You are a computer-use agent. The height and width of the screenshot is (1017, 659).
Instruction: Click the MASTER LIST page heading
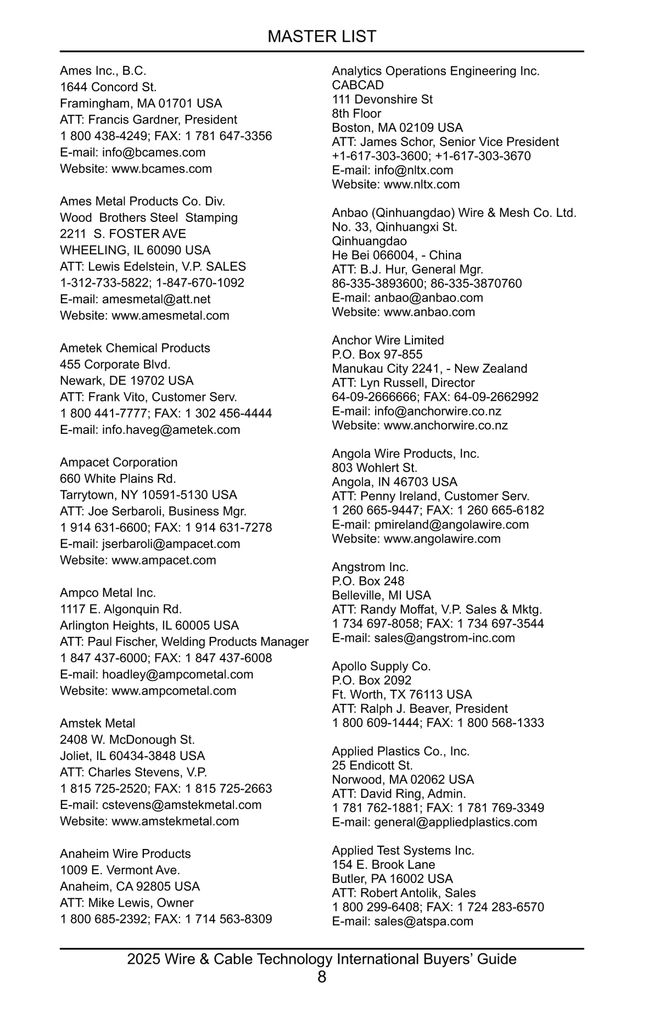tap(322, 36)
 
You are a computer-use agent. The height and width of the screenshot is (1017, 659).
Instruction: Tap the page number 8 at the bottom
tap(322, 977)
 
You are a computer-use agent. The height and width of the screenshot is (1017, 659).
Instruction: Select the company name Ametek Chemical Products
tap(135, 348)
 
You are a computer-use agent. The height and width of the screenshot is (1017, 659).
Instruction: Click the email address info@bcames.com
tap(154, 153)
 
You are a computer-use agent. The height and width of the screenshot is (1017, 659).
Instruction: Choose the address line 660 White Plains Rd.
tap(118, 479)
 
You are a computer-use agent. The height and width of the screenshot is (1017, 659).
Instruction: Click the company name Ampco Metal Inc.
tap(108, 593)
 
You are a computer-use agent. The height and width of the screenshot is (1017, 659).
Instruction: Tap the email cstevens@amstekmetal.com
tap(182, 805)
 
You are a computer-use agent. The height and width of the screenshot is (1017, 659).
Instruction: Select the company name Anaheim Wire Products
tap(125, 854)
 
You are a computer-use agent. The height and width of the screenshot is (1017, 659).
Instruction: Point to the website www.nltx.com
tap(422, 185)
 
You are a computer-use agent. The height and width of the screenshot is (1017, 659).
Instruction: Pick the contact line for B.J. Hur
tap(407, 270)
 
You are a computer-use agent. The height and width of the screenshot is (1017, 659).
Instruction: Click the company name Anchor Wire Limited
tap(388, 340)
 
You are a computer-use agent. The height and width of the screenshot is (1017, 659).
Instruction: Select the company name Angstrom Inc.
tap(370, 567)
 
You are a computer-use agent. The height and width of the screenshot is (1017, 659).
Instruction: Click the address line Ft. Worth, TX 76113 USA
tap(402, 695)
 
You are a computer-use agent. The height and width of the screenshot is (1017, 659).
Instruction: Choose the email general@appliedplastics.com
tap(455, 822)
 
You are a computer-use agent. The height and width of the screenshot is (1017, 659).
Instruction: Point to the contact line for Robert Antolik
tap(404, 893)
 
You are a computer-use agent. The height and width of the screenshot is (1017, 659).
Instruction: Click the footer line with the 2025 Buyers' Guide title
tap(322, 959)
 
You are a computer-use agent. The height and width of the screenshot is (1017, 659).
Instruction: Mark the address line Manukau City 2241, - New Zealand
tap(429, 369)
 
